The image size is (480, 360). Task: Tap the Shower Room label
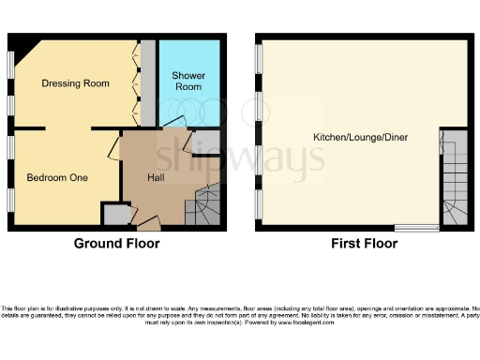(x=188, y=81)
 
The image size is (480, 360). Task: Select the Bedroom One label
(x=57, y=177)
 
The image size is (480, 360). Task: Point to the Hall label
(x=157, y=177)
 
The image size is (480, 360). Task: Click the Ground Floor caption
(x=117, y=243)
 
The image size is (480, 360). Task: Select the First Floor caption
(x=364, y=243)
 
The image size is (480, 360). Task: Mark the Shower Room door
(x=174, y=124)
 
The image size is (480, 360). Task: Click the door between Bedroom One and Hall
(x=113, y=148)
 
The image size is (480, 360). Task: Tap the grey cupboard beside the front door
(x=115, y=215)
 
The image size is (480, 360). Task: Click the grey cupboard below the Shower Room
(x=212, y=142)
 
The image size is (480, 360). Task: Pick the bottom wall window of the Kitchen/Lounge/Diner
(x=415, y=227)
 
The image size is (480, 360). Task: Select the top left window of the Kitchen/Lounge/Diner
(x=259, y=59)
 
